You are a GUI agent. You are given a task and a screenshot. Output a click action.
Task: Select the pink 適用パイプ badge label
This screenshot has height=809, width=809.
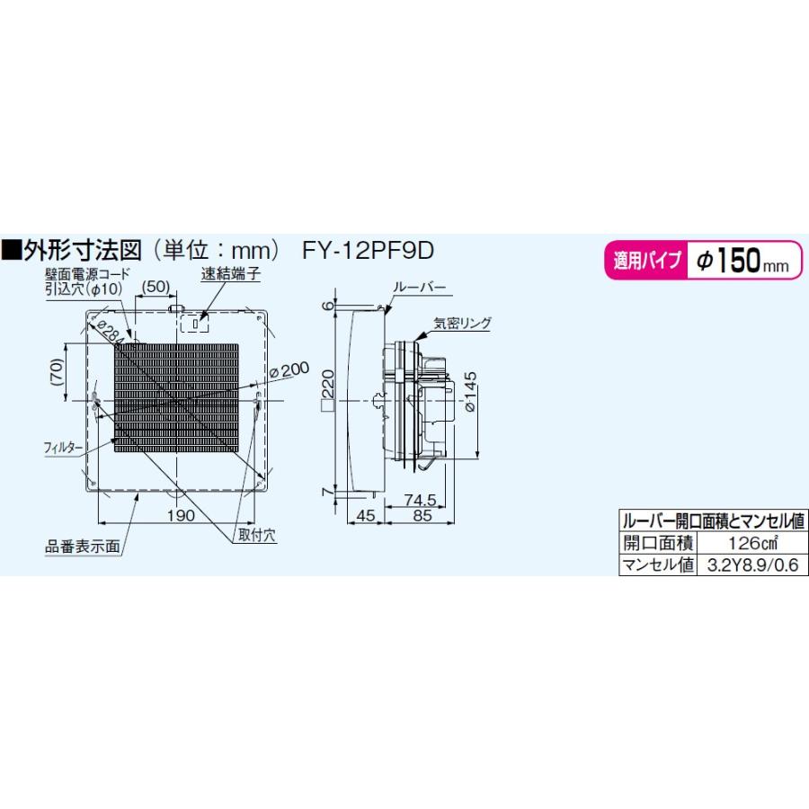[x=646, y=262]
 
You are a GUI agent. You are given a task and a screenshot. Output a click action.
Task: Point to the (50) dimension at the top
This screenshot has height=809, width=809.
[x=156, y=286]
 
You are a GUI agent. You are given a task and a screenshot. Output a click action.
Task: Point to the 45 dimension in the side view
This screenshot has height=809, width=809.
[x=366, y=516]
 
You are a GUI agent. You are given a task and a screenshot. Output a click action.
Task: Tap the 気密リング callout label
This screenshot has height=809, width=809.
[x=461, y=322]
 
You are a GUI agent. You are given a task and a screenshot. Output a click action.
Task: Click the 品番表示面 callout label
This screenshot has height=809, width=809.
[x=82, y=545]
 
